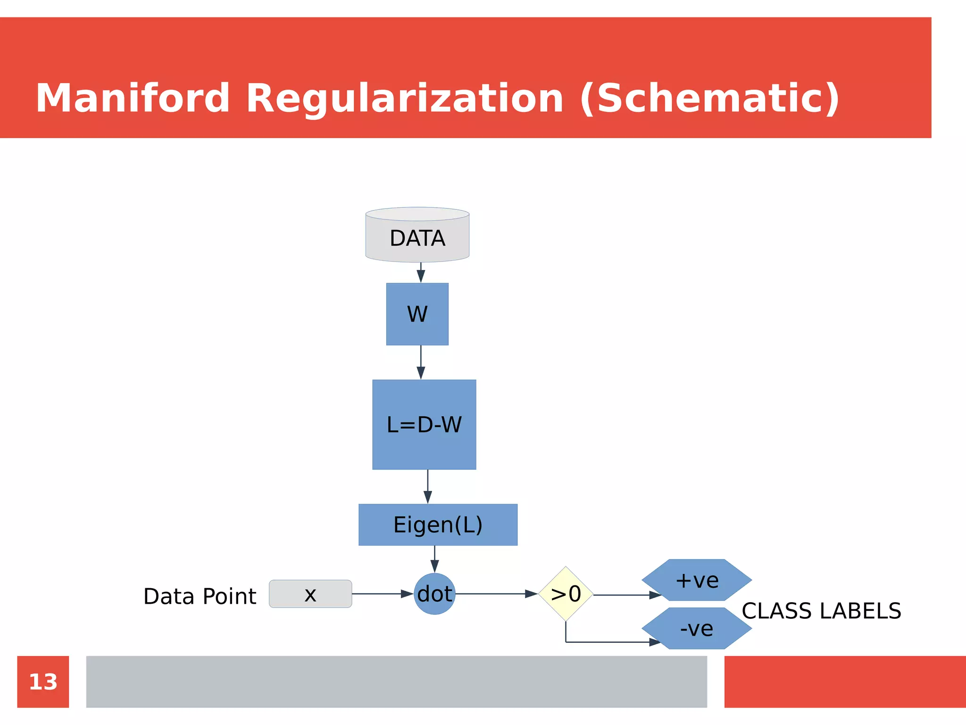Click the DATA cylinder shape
(417, 236)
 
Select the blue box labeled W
(417, 314)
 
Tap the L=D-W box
(424, 424)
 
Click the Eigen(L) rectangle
(438, 525)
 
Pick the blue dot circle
(434, 594)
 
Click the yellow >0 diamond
(566, 594)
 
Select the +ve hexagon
(697, 580)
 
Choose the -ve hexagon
(697, 628)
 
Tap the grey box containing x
(310, 594)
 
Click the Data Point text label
(200, 596)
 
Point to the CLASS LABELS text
(821, 611)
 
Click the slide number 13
(43, 682)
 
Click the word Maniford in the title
(133, 98)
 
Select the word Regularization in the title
(405, 98)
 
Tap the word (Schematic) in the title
(709, 98)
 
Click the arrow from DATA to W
(421, 273)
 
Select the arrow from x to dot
(382, 594)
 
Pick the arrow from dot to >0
(495, 594)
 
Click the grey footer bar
(396, 682)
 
